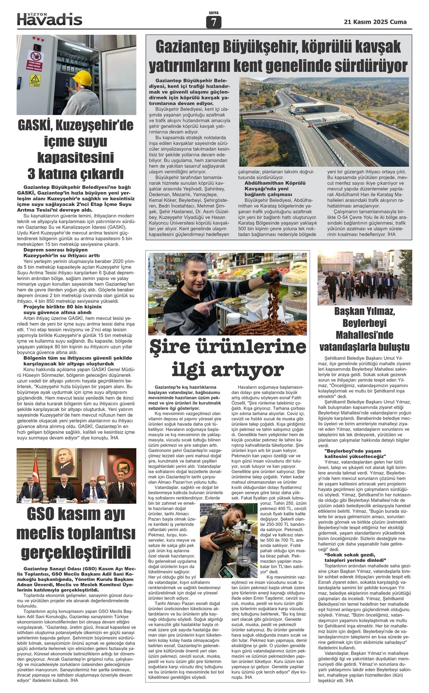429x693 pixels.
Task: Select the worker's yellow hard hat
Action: coord(83,77)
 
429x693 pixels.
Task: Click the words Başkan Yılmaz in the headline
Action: coord(365,311)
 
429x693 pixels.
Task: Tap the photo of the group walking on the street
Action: coord(365,278)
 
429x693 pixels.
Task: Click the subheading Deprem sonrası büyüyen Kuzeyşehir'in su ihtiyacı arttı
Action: coord(61,253)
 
